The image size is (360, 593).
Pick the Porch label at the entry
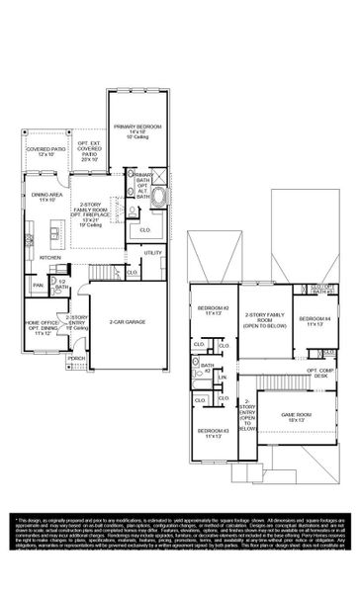[76, 358]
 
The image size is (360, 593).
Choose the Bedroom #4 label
[317, 321]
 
